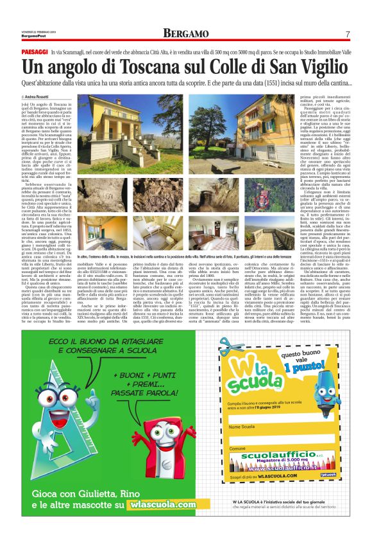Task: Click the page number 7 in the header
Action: (347, 34)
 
